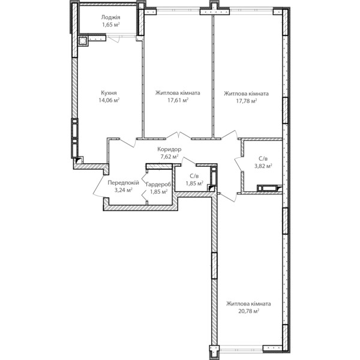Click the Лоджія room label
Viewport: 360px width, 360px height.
point(110,17)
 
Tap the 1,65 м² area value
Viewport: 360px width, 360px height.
point(111,25)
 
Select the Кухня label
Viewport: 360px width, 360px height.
point(109,93)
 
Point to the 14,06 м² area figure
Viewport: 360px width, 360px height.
point(109,100)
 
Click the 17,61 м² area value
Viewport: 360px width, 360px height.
point(178,100)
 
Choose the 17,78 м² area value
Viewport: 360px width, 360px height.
point(247,101)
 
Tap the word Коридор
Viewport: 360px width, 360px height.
point(169,149)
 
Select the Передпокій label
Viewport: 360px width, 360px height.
point(123,183)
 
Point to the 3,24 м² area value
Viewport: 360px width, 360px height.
point(124,190)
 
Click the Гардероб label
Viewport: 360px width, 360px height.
point(158,184)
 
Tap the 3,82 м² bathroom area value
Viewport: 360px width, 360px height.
point(263,166)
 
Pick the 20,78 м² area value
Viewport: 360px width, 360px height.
point(248,311)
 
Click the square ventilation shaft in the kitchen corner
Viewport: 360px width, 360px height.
point(82,41)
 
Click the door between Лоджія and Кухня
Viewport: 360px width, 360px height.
point(113,38)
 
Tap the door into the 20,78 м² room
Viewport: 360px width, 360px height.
point(227,197)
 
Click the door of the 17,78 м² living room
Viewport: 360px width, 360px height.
point(230,135)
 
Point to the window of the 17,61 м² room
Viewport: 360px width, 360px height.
point(178,11)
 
